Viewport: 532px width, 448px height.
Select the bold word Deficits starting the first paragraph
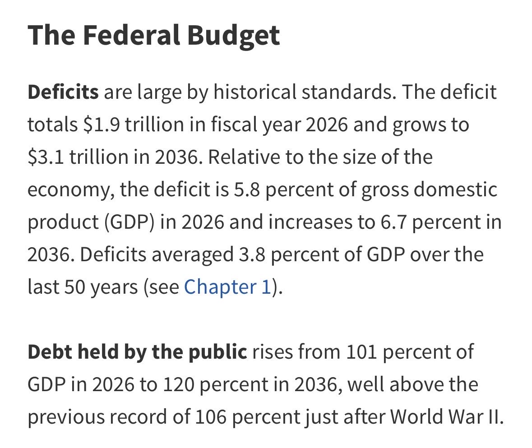pyautogui.click(x=63, y=92)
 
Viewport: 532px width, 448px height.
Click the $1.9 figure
pyautogui.click(x=101, y=125)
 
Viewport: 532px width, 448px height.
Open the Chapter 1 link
pyautogui.click(x=227, y=287)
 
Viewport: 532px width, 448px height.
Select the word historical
pyautogui.click(x=255, y=92)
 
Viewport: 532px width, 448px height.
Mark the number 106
pyautogui.click(x=210, y=417)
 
